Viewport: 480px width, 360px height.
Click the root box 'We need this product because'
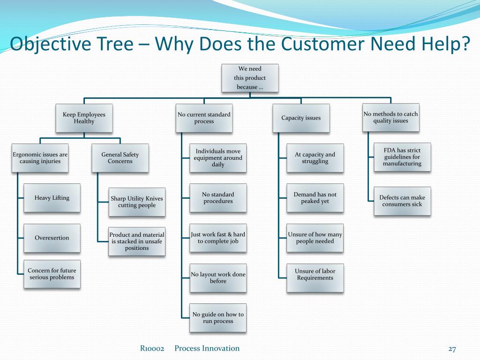[x=250, y=78]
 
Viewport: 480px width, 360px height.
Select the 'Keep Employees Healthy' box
[x=84, y=118]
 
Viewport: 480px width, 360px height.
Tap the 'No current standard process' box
[x=204, y=118]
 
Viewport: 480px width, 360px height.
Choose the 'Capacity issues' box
[x=301, y=118]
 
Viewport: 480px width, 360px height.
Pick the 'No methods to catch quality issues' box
[x=390, y=117]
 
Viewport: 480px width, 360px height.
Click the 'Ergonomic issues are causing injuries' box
[x=40, y=157]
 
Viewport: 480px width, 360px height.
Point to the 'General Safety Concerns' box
[x=120, y=157]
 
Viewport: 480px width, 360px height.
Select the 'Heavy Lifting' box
[x=52, y=198]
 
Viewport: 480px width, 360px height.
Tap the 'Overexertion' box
[x=52, y=238]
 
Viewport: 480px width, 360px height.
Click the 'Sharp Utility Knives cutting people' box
[x=137, y=202]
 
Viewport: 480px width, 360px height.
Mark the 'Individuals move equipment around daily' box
[x=218, y=157]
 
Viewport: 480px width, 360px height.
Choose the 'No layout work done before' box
[x=218, y=277]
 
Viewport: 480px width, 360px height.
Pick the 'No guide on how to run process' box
[x=218, y=318]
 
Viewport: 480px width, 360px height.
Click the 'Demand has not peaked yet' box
[x=315, y=198]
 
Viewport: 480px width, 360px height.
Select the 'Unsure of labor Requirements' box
[x=315, y=278]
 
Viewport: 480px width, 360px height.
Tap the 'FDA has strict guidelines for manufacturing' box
[x=402, y=157]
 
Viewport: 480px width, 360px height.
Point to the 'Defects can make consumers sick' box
[x=402, y=201]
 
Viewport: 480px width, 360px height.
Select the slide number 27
[x=452, y=349]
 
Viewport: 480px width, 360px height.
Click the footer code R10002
[x=152, y=348]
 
